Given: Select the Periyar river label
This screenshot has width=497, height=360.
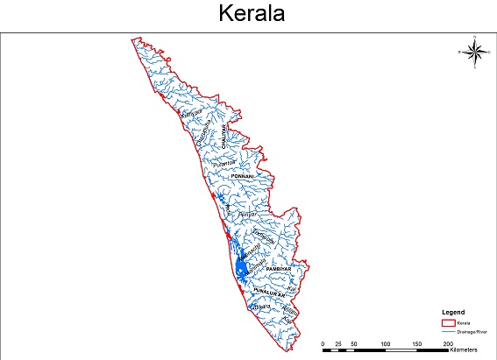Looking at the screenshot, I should tap(252, 212).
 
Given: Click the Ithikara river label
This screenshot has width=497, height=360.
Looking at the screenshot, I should tap(260, 307).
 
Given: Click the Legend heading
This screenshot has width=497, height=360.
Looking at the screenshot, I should tap(454, 313).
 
